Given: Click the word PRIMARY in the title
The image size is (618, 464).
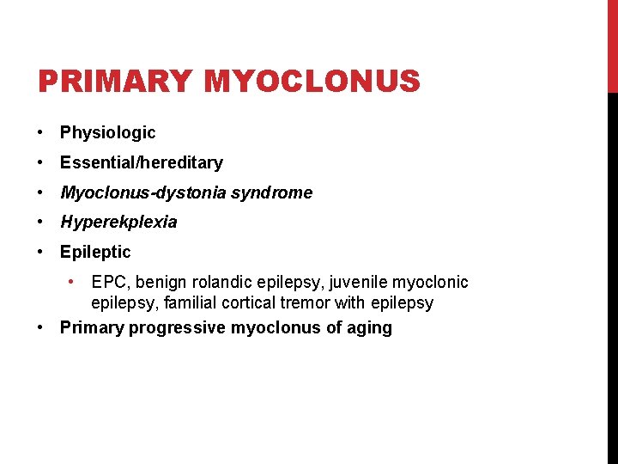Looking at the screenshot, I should coord(115,82).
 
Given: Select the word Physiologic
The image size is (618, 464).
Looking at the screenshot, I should coord(107,132).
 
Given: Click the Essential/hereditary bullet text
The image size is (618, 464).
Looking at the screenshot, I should coord(141,162).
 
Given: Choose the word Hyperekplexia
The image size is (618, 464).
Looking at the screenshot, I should coord(118,222).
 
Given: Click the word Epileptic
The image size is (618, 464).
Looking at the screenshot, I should coord(95,252).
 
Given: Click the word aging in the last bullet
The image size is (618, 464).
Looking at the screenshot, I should coord(370,327).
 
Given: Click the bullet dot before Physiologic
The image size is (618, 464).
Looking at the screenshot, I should coord(40,132).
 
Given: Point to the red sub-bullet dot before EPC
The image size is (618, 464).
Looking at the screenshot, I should coord(75,281).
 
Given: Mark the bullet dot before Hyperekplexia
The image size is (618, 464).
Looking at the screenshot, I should coord(40,222).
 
